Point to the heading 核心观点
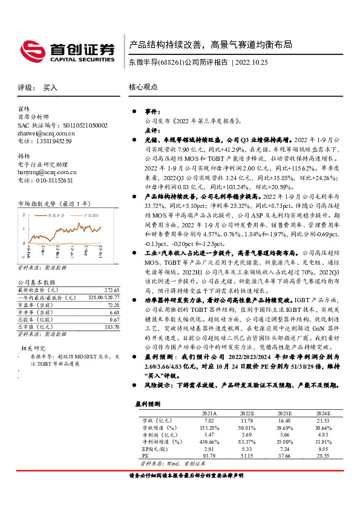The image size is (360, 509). pyautogui.click(x=142, y=87)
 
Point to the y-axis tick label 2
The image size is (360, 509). pyautogui.click(x=24, y=215)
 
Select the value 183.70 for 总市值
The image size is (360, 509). pyautogui.click(x=112, y=327)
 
